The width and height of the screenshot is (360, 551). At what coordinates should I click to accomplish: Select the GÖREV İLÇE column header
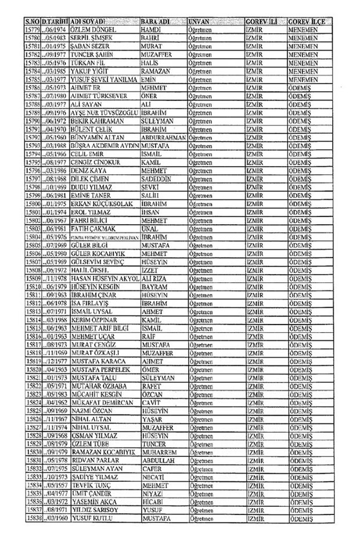(308, 21)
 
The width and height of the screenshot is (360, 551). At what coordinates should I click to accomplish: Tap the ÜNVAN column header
(201, 21)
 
